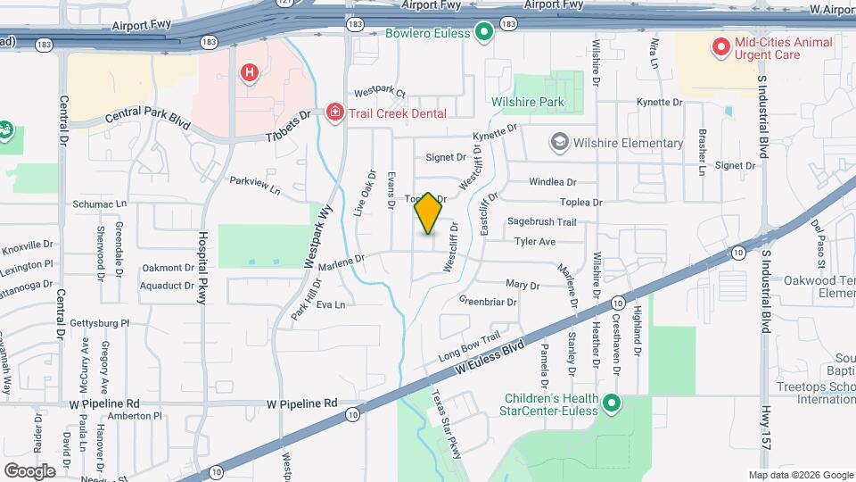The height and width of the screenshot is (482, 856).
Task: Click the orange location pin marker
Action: [429, 213]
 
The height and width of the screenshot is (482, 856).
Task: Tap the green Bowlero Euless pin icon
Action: [484, 34]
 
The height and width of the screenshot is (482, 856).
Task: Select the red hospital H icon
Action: [250, 72]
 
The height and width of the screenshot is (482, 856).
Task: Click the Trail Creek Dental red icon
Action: [334, 112]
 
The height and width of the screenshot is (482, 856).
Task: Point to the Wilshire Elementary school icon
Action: [559, 143]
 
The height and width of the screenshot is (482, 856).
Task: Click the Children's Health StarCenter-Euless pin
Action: [612, 404]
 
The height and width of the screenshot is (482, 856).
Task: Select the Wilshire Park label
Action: [528, 103]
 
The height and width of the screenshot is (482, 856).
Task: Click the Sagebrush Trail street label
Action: [542, 221]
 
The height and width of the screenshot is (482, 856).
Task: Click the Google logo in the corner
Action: [29, 470]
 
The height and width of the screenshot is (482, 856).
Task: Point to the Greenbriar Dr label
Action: [488, 302]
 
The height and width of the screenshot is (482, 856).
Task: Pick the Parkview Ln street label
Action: [255, 185]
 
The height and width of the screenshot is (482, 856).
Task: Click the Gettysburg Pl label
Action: [101, 324]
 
